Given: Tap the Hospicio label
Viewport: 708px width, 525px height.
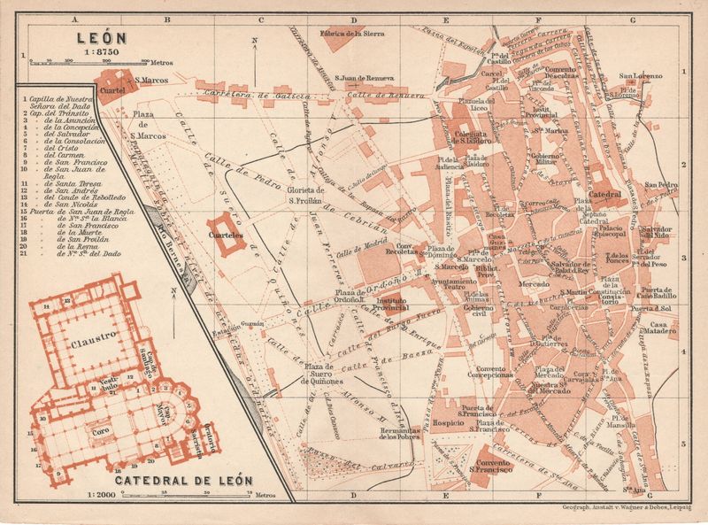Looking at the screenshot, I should [x=449, y=423].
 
